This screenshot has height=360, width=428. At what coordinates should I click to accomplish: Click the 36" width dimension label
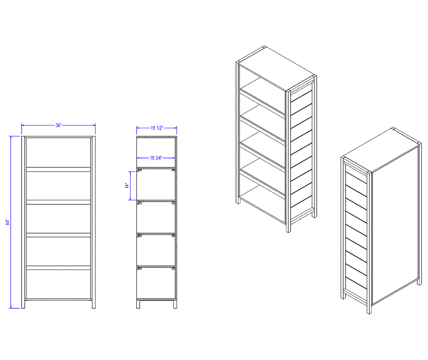[59, 125]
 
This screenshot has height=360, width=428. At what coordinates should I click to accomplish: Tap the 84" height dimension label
[8, 222]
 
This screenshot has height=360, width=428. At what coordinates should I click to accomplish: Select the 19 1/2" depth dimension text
[157, 128]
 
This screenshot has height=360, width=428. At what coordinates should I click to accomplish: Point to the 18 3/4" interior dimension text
[156, 158]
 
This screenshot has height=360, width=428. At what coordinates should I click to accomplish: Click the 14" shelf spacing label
[127, 186]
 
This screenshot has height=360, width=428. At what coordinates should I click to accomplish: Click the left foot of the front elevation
[23, 304]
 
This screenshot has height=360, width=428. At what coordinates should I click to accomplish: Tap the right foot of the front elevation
[94, 304]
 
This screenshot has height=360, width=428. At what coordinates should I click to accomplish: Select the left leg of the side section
[138, 304]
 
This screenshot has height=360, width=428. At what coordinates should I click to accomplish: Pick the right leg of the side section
[175, 304]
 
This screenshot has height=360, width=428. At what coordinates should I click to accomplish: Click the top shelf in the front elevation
[59, 169]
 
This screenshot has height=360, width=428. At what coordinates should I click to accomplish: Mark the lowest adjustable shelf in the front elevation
[59, 268]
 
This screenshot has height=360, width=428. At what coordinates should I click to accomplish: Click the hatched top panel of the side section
[157, 137]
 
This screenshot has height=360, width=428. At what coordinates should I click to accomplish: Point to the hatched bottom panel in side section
[156, 299]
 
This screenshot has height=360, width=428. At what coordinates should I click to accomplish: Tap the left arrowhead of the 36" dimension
[23, 125]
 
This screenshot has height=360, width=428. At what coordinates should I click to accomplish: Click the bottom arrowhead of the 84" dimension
[11, 307]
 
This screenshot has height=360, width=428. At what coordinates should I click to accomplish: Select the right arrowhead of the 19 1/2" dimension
[176, 128]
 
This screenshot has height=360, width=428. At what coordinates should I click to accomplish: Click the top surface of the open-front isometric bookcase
[276, 69]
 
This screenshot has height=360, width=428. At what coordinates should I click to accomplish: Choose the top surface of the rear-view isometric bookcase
[381, 150]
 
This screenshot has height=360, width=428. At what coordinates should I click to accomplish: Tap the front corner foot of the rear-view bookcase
[369, 309]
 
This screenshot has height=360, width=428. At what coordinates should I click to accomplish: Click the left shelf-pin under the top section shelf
[139, 171]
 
